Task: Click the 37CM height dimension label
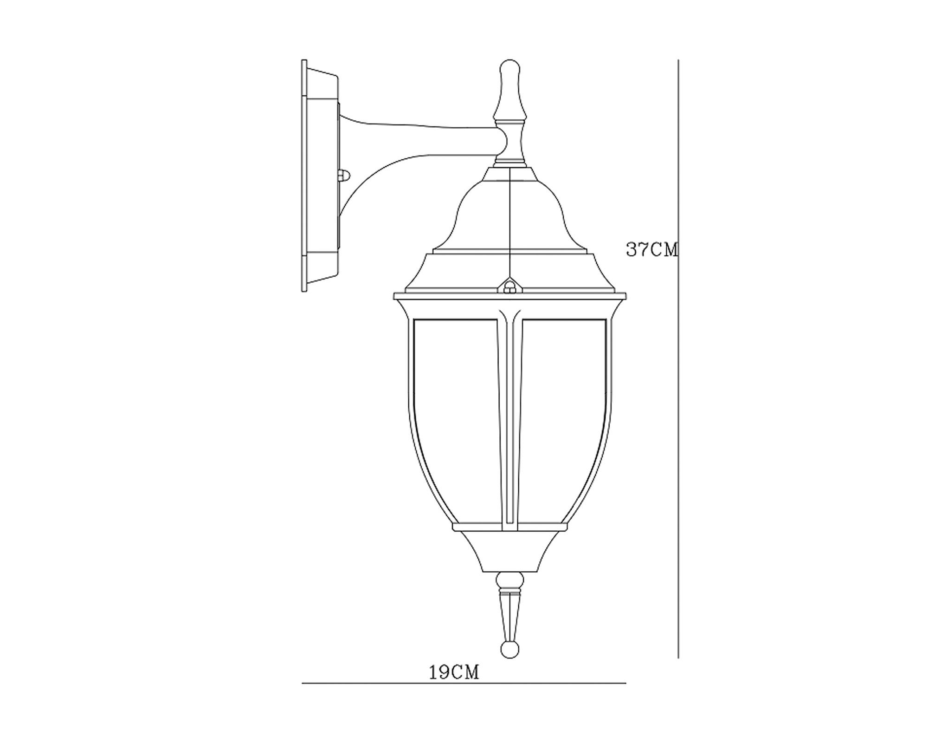point(652,250)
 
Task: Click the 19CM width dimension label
point(453,672)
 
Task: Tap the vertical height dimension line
point(678,418)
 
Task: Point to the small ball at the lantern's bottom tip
point(510,650)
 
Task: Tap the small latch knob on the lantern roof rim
point(510,287)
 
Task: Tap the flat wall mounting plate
point(304,176)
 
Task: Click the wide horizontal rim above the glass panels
point(509,296)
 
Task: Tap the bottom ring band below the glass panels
point(510,528)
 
